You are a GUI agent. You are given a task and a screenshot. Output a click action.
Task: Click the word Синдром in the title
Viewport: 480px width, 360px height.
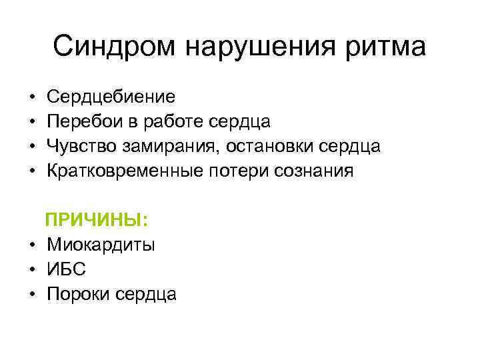113,47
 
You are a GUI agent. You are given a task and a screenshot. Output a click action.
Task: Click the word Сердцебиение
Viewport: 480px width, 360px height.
111,97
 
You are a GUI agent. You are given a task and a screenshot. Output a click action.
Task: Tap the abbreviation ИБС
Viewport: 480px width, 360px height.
66,269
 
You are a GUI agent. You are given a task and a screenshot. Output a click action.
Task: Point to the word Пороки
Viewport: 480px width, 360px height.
77,293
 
